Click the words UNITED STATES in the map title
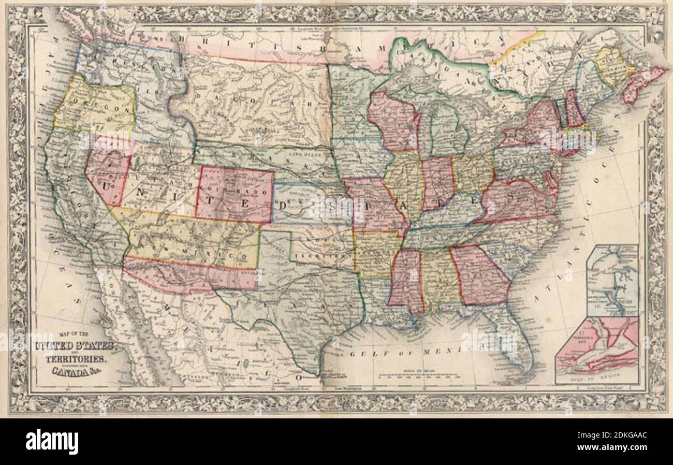coord(77,346)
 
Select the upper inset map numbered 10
coord(612,280)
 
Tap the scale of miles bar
coord(419,377)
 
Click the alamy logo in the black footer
coord(52,441)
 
